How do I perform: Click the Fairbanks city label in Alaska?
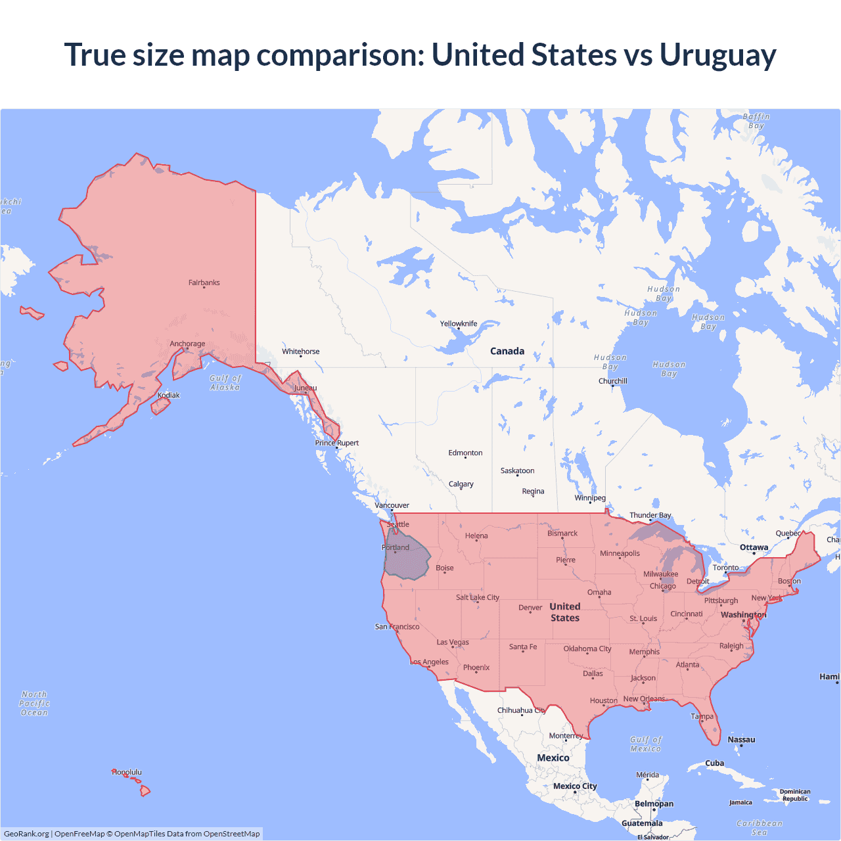pyautogui.click(x=204, y=283)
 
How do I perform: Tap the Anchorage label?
pyautogui.click(x=187, y=344)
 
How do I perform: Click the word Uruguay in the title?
pyautogui.click(x=717, y=55)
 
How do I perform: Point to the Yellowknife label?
pyautogui.click(x=459, y=323)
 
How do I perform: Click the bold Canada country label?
pyautogui.click(x=507, y=351)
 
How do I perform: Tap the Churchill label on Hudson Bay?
pyautogui.click(x=612, y=381)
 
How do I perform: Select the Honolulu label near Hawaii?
pyautogui.click(x=127, y=772)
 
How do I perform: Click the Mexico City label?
pyautogui.click(x=575, y=786)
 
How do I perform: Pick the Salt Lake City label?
pyautogui.click(x=478, y=597)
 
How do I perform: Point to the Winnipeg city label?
pyautogui.click(x=590, y=497)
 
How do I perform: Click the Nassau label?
pyautogui.click(x=741, y=739)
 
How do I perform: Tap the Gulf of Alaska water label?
pyautogui.click(x=225, y=382)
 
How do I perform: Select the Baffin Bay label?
pyautogui.click(x=756, y=121)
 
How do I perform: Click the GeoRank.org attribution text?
pyautogui.click(x=26, y=834)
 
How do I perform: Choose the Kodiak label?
pyautogui.click(x=169, y=395)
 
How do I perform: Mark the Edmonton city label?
pyautogui.click(x=465, y=453)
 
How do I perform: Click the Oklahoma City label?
pyautogui.click(x=587, y=648)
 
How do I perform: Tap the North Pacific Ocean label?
pyautogui.click(x=34, y=703)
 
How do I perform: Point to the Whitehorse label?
pyautogui.click(x=301, y=352)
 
